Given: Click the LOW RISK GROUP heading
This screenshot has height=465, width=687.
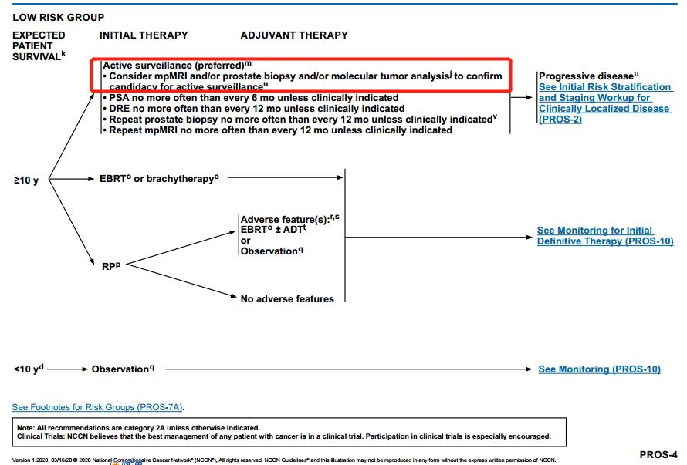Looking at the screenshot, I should (59, 17).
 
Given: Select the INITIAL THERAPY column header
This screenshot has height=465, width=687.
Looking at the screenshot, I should (144, 35).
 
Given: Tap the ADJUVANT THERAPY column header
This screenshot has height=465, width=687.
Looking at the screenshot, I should (294, 35).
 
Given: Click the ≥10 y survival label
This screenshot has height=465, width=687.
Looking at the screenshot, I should (25, 181).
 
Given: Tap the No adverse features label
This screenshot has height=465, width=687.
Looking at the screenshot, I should (287, 298).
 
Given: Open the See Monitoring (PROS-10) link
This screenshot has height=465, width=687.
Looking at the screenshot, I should (599, 369).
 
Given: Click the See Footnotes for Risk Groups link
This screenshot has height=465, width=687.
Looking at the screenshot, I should (98, 406).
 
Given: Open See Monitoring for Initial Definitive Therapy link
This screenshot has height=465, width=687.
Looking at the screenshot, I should (605, 236).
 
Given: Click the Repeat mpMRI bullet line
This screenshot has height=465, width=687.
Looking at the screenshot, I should (279, 130).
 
